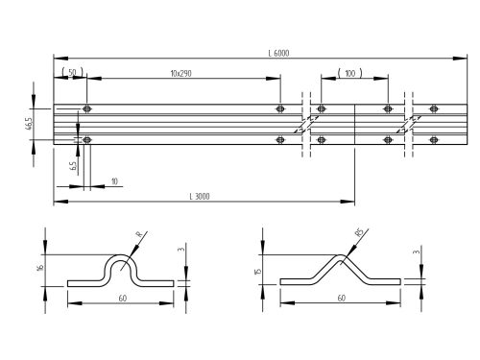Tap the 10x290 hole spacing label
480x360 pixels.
(180, 74)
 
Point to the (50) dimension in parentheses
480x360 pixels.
(70, 74)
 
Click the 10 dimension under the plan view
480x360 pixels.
(114, 180)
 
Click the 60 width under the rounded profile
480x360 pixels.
(121, 299)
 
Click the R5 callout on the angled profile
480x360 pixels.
(357, 232)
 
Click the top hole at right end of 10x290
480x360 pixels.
(279, 108)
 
